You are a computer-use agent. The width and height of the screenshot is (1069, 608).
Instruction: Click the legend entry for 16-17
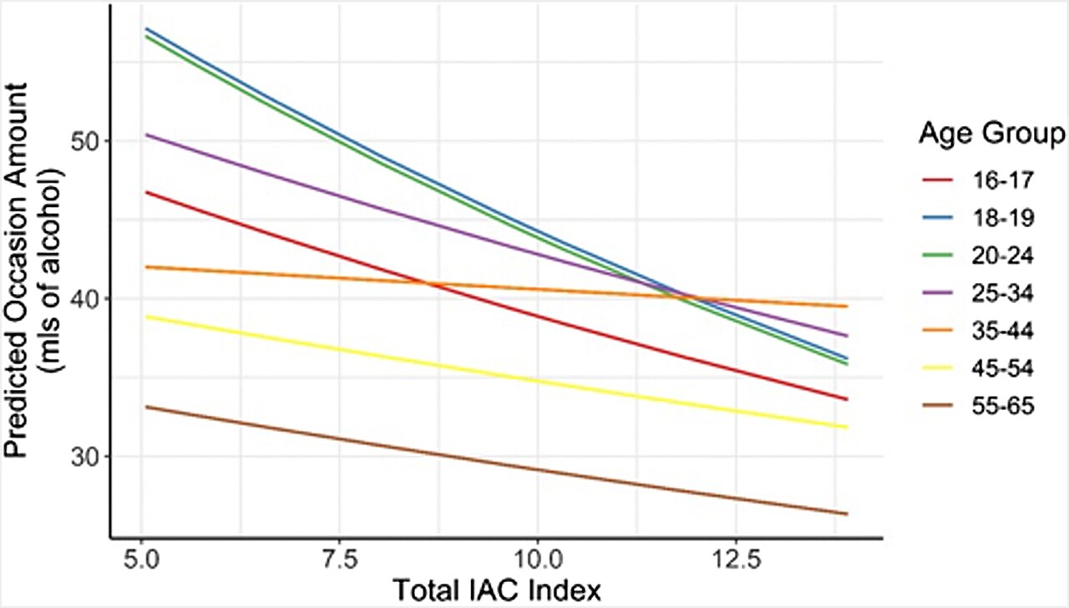tap(1002, 180)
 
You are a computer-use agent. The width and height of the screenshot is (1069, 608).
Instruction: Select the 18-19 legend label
tap(1002, 218)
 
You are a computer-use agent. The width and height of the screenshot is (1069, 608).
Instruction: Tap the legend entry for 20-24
tap(1002, 256)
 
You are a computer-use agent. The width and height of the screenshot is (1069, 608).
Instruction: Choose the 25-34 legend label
tap(1002, 293)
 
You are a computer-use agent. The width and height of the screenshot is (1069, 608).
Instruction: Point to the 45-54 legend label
tap(1002, 369)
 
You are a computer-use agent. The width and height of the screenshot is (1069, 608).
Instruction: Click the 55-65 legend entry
tap(1002, 407)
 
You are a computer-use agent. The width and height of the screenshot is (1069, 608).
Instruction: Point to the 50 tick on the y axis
tap(84, 142)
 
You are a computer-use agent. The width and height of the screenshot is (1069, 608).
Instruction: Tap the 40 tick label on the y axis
tap(84, 299)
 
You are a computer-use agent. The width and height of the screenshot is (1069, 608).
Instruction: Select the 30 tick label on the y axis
tap(84, 457)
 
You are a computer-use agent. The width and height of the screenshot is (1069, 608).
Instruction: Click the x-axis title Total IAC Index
tap(497, 591)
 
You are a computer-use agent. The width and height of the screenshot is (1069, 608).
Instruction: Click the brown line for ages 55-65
tap(497, 460)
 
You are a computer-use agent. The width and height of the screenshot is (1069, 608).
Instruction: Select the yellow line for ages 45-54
tap(497, 372)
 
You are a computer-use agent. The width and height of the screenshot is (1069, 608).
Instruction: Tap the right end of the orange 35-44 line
tap(848, 307)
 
